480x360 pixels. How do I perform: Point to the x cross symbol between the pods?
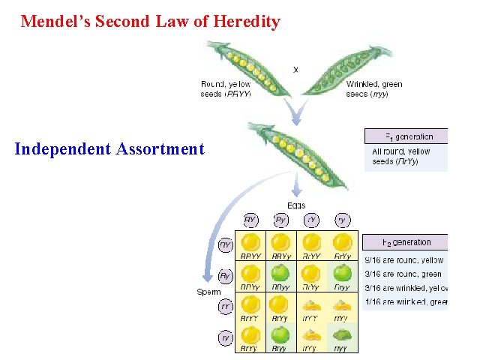point(295,69)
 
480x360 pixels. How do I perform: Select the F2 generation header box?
point(407,242)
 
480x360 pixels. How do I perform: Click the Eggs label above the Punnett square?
point(296,205)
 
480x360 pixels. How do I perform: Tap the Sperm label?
point(208,291)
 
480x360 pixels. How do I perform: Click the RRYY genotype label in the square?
point(250,256)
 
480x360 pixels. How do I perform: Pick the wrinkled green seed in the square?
point(343,334)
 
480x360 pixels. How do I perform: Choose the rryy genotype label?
point(342,348)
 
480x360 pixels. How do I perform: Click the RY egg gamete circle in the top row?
point(251,220)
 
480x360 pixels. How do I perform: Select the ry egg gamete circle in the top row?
point(342,220)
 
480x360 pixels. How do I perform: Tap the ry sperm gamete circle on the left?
point(225,338)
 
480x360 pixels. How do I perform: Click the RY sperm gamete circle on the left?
point(225,244)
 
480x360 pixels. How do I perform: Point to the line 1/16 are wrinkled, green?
point(405,302)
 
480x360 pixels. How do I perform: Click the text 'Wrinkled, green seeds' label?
point(374,88)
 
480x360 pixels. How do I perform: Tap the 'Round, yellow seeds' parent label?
point(226,88)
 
